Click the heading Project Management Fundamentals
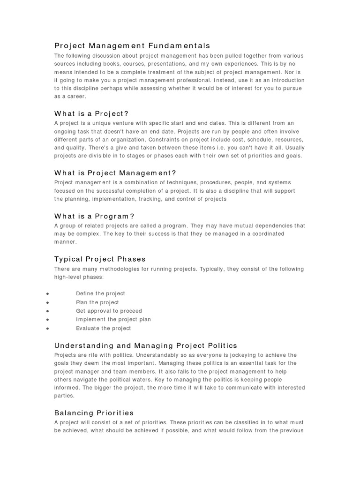tap(132, 45)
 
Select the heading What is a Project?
tap(91, 113)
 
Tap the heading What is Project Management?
tap(115, 173)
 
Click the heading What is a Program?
tap(94, 216)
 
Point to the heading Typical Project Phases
tap(100, 259)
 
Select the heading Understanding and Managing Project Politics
tap(146, 345)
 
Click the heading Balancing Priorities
tap(94, 413)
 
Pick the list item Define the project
tap(100, 293)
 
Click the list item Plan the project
tap(97, 302)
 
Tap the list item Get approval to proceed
tap(109, 311)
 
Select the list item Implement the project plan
tap(113, 320)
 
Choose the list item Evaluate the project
tap(104, 329)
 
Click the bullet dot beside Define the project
tap(48, 294)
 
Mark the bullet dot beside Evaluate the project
tap(48, 329)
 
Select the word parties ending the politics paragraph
tap(65, 396)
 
